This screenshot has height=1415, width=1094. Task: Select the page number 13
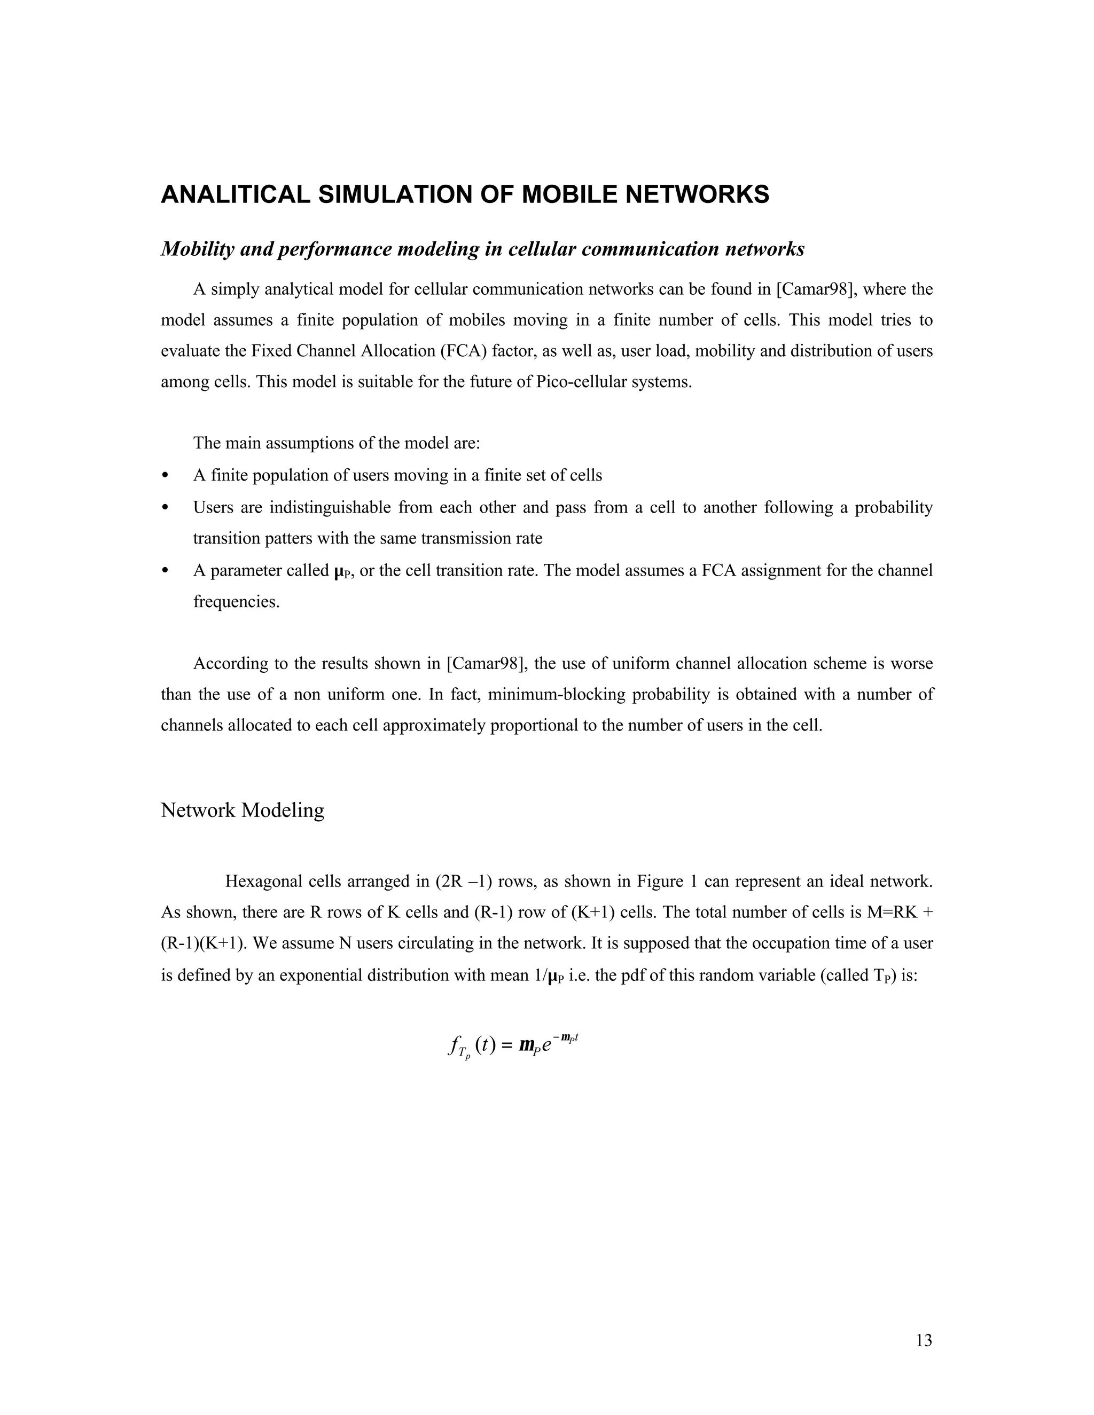(924, 1340)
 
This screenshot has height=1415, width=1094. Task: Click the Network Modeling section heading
(243, 810)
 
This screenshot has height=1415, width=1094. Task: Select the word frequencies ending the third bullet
(236, 601)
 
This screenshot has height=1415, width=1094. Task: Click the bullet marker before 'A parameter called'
(165, 571)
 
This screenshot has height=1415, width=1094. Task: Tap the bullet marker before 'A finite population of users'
(165, 476)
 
